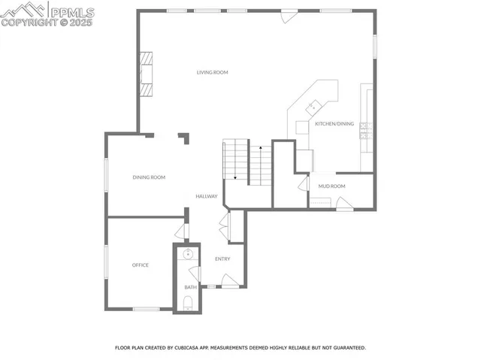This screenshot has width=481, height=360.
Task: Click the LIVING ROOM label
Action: click(x=212, y=73)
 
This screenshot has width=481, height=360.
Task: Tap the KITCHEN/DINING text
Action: click(x=334, y=123)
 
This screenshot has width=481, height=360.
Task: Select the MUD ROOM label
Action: click(x=331, y=186)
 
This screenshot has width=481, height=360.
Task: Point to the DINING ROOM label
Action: click(x=149, y=177)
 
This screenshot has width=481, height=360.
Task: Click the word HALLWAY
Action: click(x=207, y=197)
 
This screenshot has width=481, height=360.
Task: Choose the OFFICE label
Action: click(x=141, y=265)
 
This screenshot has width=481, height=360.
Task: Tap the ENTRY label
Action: click(x=222, y=259)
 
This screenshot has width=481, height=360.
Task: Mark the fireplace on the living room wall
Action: click(x=147, y=75)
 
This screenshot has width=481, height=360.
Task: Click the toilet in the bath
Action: click(x=189, y=304)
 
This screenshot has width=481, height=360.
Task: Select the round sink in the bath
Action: click(x=189, y=254)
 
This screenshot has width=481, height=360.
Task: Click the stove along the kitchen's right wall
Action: click(x=366, y=132)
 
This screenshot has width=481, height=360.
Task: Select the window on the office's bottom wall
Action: click(x=146, y=309)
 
